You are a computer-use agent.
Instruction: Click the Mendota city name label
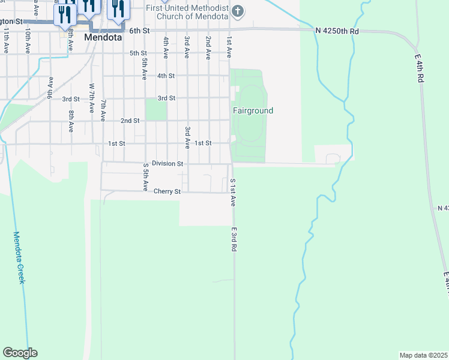(x=103, y=37)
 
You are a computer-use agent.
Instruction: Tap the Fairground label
(x=253, y=111)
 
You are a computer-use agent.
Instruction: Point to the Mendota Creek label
(x=19, y=257)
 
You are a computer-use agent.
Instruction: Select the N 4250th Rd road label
(x=337, y=31)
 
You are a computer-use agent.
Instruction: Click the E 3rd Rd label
(x=233, y=239)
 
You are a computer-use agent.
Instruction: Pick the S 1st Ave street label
(x=232, y=192)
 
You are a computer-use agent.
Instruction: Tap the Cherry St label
(x=167, y=192)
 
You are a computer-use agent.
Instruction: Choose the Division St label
(x=167, y=163)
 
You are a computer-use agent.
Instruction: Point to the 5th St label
(x=139, y=53)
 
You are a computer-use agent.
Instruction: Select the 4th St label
(x=166, y=76)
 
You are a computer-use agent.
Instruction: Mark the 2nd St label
(x=130, y=121)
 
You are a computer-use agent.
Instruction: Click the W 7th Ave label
(x=92, y=98)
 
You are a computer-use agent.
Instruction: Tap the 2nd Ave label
(x=208, y=47)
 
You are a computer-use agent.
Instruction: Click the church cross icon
(x=238, y=11)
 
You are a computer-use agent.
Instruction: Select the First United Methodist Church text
(x=187, y=11)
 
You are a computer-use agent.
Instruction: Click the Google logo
(x=20, y=353)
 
